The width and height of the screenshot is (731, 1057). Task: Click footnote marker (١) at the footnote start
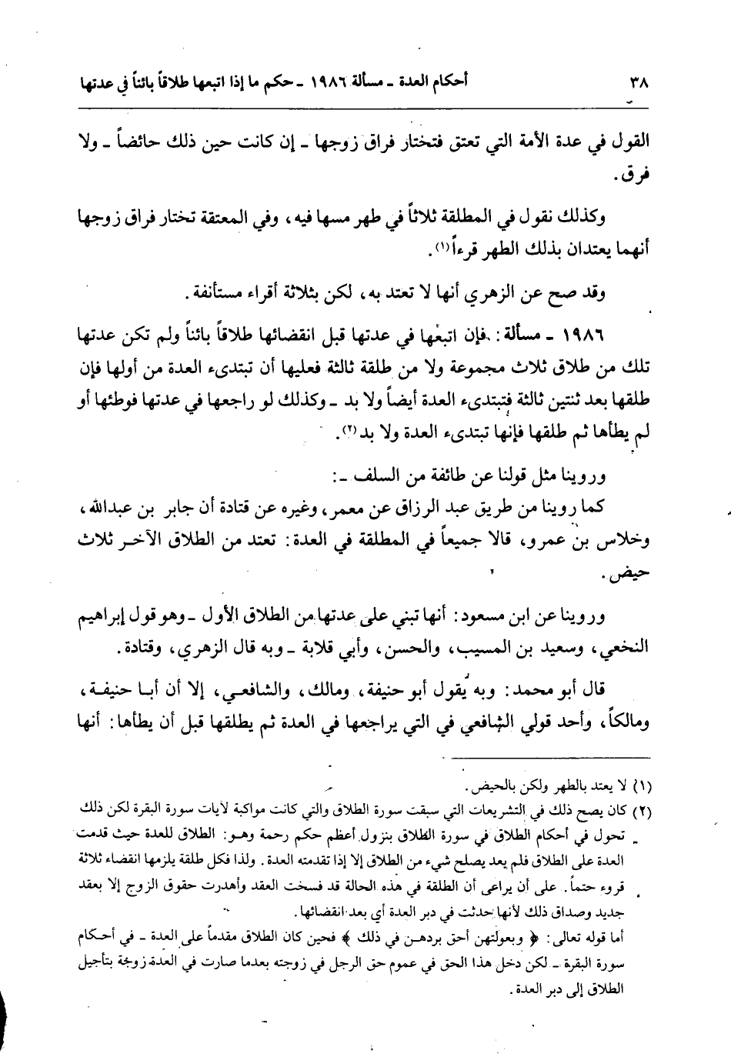tap(641, 787)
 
